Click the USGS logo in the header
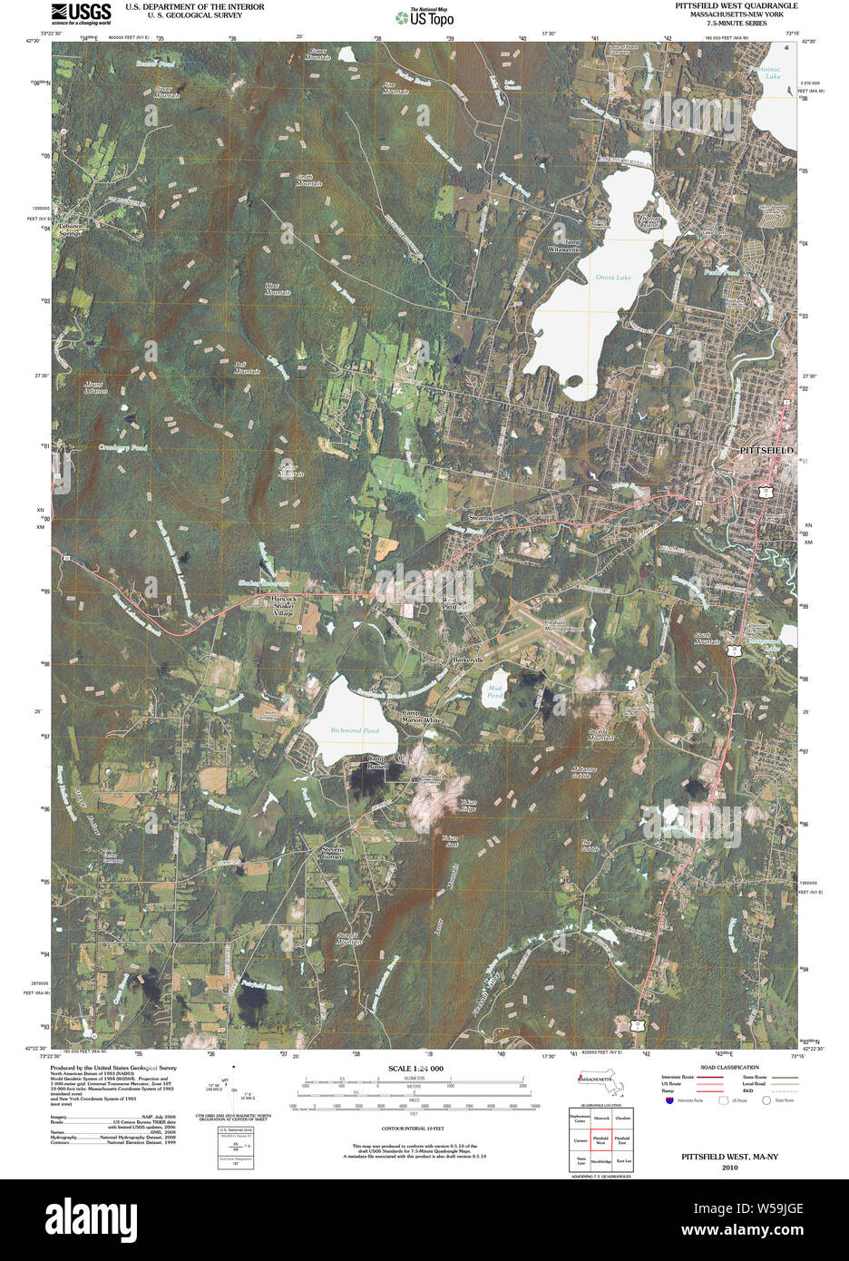[82, 13]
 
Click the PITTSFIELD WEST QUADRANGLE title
[736, 5]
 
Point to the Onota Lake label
[613, 277]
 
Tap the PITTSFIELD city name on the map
[766, 450]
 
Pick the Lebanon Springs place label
[72, 229]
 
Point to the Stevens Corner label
[332, 853]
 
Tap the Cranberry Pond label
[123, 448]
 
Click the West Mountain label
[278, 289]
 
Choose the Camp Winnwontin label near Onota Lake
[563, 246]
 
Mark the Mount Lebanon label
[96, 387]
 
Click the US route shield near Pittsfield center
[766, 491]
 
